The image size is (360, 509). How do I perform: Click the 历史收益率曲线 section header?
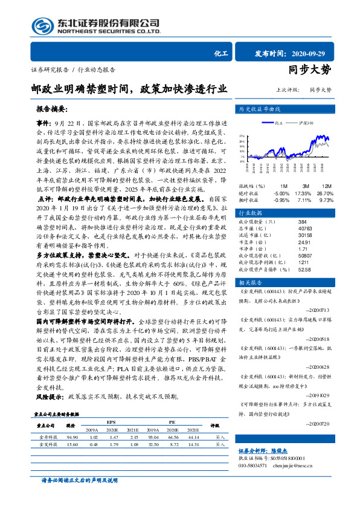point(260,109)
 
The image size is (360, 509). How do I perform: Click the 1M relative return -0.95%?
point(281,200)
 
